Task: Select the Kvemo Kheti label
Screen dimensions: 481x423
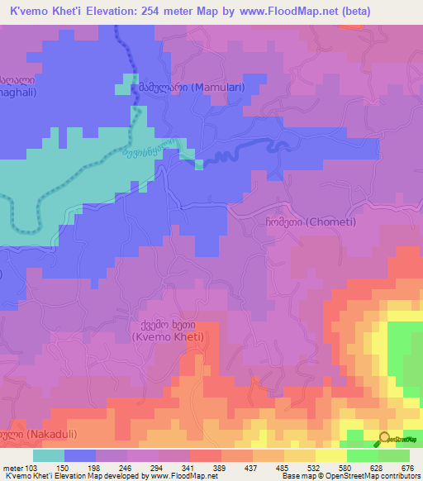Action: [x=168, y=331]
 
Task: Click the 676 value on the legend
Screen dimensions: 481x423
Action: [x=406, y=467]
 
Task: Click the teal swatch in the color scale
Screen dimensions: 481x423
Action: [x=49, y=455]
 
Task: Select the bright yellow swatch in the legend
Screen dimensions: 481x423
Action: [x=330, y=455]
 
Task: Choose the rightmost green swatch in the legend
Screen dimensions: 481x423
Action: [x=394, y=455]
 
